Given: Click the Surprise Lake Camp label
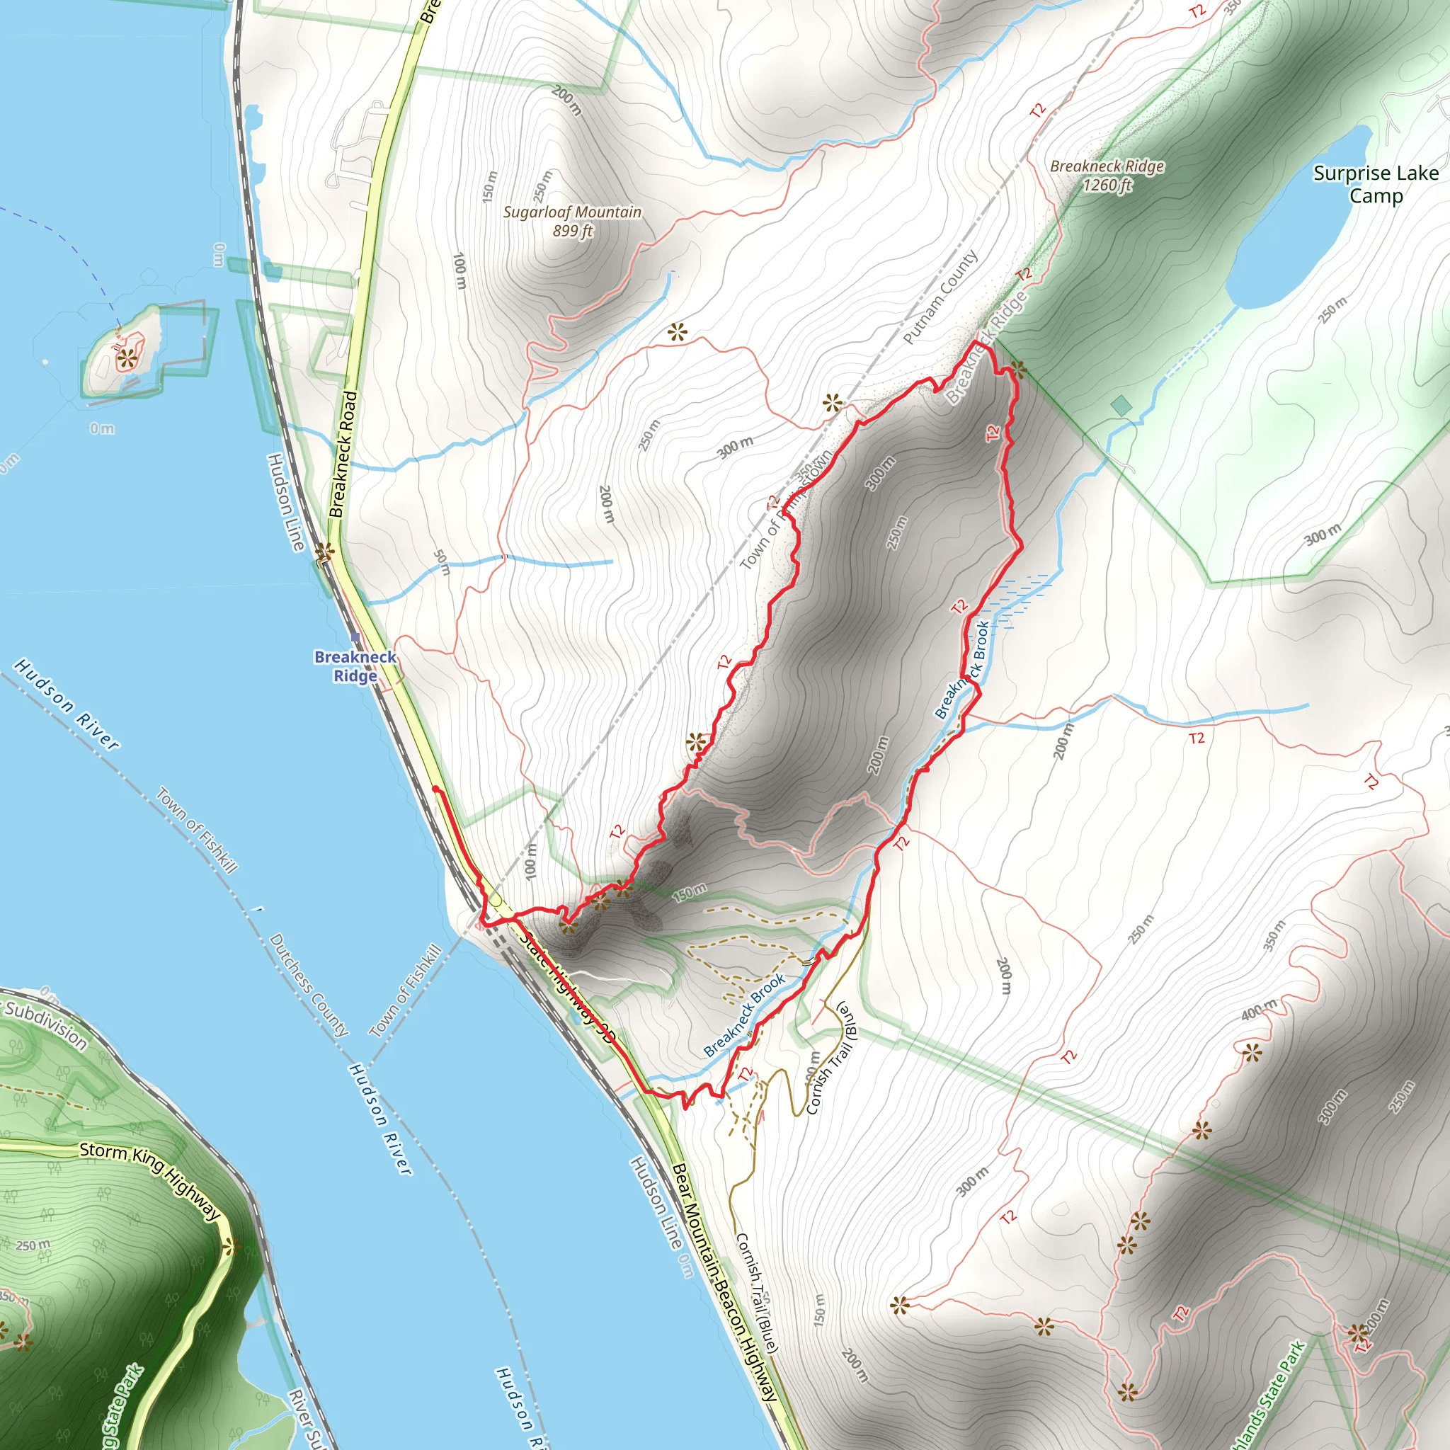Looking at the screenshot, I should click(x=1375, y=185).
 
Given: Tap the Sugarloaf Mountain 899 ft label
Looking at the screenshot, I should click(x=572, y=222).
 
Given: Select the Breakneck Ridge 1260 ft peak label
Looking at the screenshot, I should click(x=1107, y=175).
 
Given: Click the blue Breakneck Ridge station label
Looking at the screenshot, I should click(x=355, y=666).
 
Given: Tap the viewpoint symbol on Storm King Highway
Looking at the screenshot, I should click(x=230, y=1248).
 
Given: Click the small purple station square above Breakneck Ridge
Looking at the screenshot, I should click(x=355, y=638).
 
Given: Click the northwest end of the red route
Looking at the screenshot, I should click(x=435, y=788).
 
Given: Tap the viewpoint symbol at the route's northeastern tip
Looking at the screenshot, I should click(x=1018, y=368).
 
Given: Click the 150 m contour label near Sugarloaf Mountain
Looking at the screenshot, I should click(x=489, y=186).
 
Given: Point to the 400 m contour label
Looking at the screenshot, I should click(x=1259, y=1010).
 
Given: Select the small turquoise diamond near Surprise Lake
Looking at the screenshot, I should click(x=1121, y=406).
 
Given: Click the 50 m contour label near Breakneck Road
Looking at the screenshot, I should click(x=442, y=562).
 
